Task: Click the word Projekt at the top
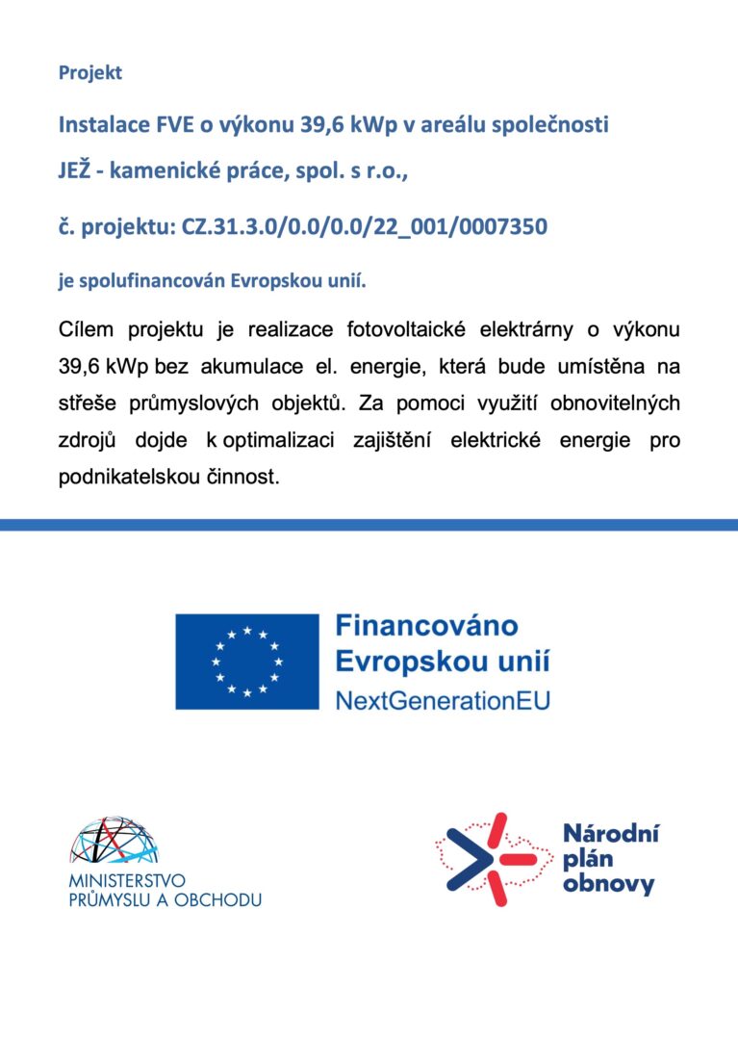click(x=90, y=72)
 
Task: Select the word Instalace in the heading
click(x=98, y=125)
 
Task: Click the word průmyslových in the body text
click(x=178, y=403)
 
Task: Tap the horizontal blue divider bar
click(x=369, y=524)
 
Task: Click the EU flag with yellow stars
click(x=246, y=662)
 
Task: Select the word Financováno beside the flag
click(x=426, y=626)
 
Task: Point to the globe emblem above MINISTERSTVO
click(x=114, y=840)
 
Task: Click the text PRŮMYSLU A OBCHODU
click(x=165, y=899)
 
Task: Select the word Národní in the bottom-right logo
click(x=609, y=834)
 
